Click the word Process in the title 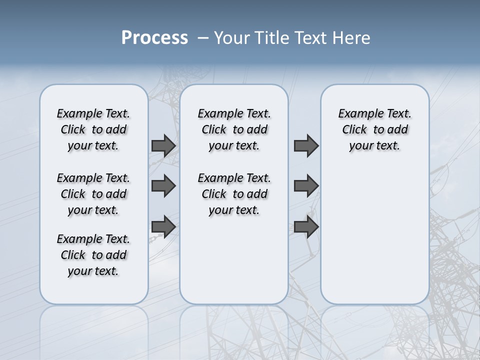click(x=154, y=38)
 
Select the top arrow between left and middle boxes click(x=163, y=146)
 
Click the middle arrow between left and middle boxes click(x=163, y=186)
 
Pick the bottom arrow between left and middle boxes click(x=163, y=226)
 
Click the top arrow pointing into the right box click(x=306, y=146)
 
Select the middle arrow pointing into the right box click(x=306, y=186)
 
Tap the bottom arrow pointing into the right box click(x=306, y=226)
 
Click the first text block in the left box click(x=93, y=129)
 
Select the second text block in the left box click(x=93, y=194)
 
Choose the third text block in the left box click(x=93, y=255)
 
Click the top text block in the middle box click(x=234, y=129)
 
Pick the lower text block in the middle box click(x=234, y=194)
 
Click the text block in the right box click(x=374, y=129)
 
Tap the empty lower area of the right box click(x=374, y=240)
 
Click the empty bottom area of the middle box click(x=234, y=265)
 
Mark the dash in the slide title click(x=203, y=38)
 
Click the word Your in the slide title click(x=231, y=38)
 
